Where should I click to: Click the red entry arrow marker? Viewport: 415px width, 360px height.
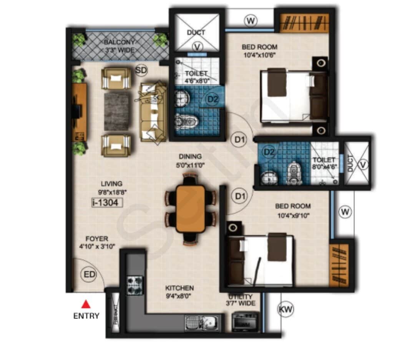tap(86, 305)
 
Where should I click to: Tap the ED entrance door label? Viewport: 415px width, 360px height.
tap(90, 275)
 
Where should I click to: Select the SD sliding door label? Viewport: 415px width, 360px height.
tap(141, 70)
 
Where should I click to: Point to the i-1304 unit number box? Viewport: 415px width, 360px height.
tap(107, 202)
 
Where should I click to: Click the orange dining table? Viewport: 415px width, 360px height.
tap(191, 209)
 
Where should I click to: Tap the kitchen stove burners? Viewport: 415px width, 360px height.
tap(135, 285)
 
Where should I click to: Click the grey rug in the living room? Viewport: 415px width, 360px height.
tap(116, 112)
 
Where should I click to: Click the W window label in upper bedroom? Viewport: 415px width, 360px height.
tap(251, 21)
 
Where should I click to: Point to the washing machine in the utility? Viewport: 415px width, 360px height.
tap(246, 322)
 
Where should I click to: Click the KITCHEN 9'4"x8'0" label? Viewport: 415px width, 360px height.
tap(179, 292)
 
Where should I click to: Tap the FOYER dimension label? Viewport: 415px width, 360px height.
tap(97, 242)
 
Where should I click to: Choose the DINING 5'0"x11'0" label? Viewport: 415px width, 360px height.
tap(190, 160)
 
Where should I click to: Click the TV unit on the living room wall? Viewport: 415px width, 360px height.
tap(79, 112)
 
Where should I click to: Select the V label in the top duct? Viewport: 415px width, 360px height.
tap(197, 47)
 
